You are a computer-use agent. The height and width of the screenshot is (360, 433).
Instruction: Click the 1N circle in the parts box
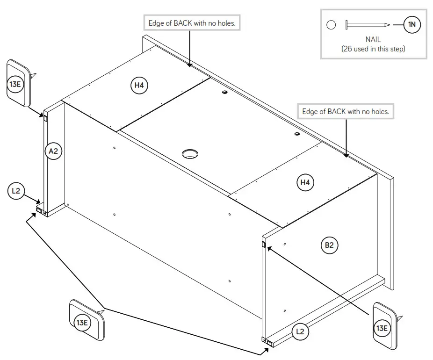[412, 25]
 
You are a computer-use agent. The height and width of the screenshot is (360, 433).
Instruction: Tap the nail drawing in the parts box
[367, 25]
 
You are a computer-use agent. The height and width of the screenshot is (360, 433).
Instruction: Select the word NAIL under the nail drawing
[373, 40]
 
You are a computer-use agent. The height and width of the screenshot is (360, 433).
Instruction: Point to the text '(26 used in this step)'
[373, 49]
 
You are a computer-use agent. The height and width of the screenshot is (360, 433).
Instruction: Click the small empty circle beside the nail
[331, 25]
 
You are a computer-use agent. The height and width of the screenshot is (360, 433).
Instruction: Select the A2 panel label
[54, 151]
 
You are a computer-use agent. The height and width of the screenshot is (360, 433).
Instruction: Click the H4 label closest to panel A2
[139, 85]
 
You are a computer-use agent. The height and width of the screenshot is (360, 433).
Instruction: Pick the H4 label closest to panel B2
[305, 182]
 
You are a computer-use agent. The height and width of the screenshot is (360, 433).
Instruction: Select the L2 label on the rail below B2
[300, 331]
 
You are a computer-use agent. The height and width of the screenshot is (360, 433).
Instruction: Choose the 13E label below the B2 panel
[382, 328]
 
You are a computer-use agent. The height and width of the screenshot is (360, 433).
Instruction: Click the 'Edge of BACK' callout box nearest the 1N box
[346, 111]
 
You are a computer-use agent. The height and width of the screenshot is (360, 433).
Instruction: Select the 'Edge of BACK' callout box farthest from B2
[192, 23]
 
